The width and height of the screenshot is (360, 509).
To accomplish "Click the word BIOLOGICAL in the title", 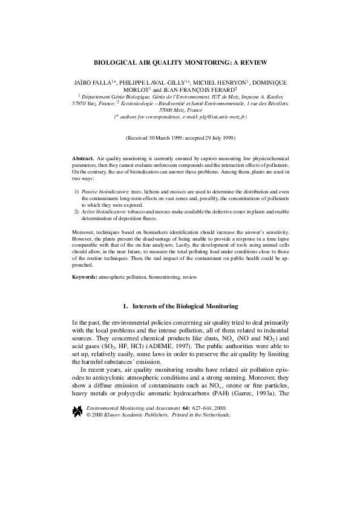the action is [114, 62].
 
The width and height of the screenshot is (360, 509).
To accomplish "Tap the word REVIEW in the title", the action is [252, 62].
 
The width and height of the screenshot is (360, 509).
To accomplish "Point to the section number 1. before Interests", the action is [126, 306].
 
